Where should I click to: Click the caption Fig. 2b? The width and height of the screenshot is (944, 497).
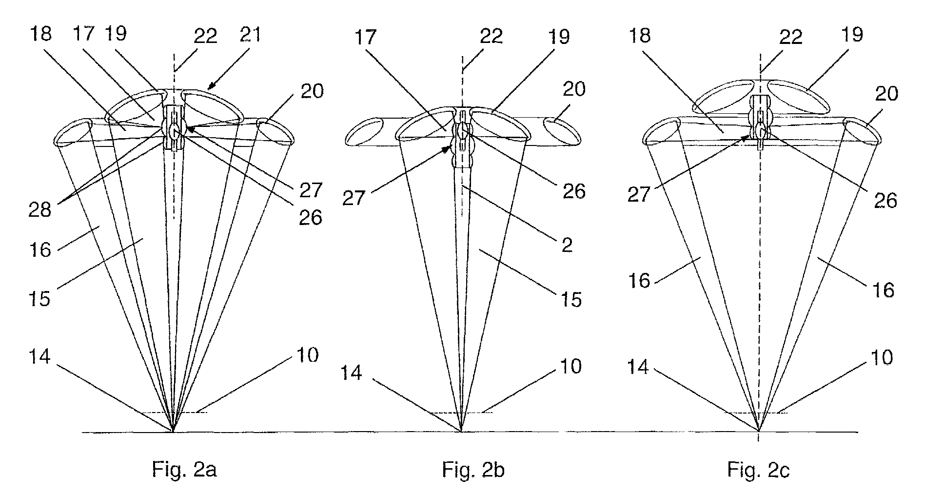473,470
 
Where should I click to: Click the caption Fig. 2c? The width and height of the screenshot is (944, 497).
759,470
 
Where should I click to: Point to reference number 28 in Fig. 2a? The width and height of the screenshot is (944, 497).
40,210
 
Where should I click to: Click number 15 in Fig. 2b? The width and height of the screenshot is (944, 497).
570,298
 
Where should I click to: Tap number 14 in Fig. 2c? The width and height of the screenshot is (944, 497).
638,366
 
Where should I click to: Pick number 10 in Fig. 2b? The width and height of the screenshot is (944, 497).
570,366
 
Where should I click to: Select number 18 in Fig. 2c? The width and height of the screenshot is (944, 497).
640,35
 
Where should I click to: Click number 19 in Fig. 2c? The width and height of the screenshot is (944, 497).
851,34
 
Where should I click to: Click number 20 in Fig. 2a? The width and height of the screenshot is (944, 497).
312,91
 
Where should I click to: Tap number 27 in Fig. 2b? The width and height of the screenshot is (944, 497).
354,199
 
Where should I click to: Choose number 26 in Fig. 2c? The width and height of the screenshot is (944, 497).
886,200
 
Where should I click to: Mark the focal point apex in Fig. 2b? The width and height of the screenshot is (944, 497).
461,431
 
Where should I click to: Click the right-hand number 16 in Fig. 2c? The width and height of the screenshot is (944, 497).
883,290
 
